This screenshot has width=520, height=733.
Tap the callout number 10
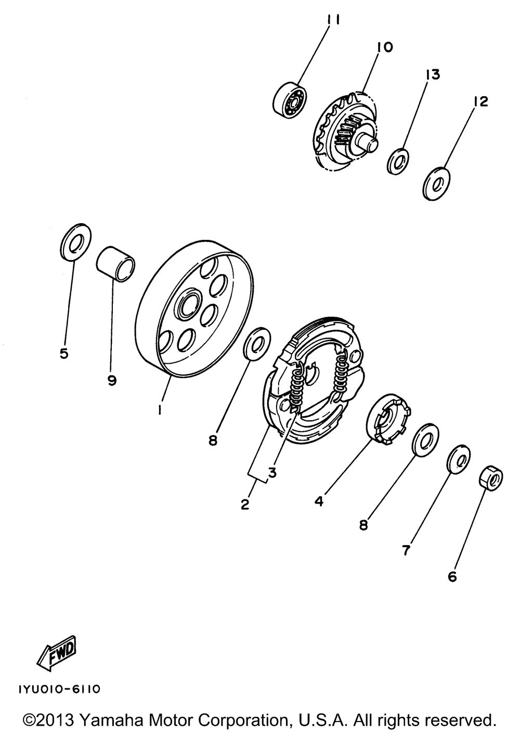coord(385,47)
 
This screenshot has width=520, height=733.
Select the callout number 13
coord(433,75)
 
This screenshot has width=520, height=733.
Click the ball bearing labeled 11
coord(289,98)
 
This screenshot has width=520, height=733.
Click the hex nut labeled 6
coord(490,478)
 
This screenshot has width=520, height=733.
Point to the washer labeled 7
coord(459,459)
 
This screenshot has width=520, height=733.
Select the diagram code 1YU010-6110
coord(59,689)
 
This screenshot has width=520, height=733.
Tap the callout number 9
coord(112,381)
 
